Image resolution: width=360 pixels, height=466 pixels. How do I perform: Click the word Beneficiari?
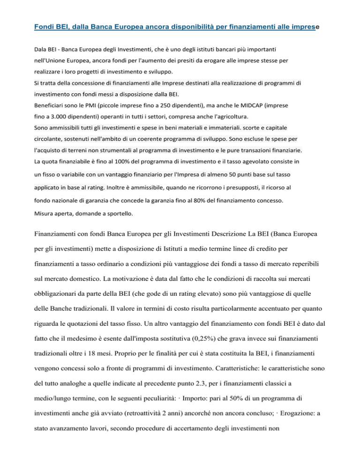[52, 105]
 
